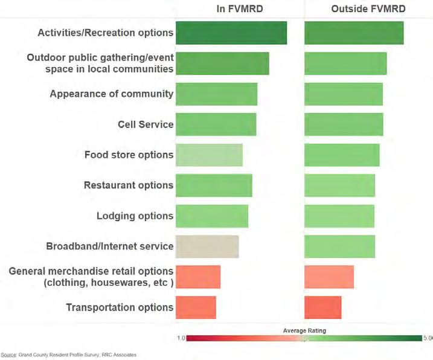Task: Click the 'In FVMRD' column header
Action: click(x=240, y=9)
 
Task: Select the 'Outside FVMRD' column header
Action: click(x=368, y=9)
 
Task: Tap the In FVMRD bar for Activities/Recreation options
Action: click(x=231, y=33)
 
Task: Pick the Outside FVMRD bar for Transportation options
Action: click(x=323, y=307)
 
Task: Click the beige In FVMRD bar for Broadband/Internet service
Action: click(x=207, y=246)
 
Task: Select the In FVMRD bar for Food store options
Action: click(x=210, y=155)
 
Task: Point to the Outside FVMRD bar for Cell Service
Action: click(x=344, y=124)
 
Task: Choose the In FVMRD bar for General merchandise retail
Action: click(x=198, y=277)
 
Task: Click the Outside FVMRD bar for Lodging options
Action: click(x=339, y=216)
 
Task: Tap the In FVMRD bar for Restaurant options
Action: click(x=214, y=185)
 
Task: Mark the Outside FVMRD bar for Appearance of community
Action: click(x=344, y=94)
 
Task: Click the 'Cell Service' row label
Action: click(x=146, y=124)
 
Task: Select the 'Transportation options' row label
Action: click(x=120, y=307)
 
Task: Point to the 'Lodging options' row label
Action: click(x=135, y=216)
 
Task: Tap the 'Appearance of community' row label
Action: click(x=112, y=94)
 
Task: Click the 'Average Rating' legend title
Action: click(x=304, y=330)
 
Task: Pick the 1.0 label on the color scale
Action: click(x=181, y=338)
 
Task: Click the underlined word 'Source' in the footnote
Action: click(x=8, y=355)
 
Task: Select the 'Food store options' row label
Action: click(x=129, y=155)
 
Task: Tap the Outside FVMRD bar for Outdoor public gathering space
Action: click(x=345, y=63)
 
